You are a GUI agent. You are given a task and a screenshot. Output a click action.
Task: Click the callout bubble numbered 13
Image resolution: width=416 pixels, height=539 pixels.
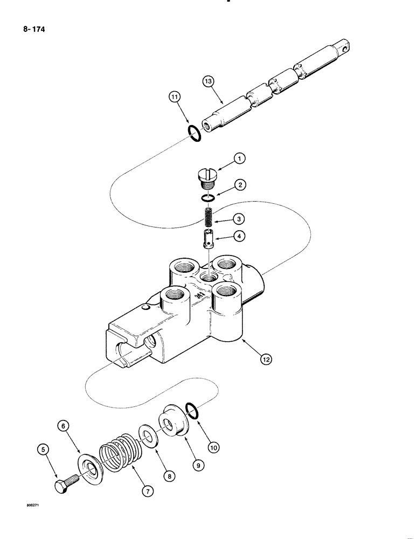(x=207, y=83)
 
